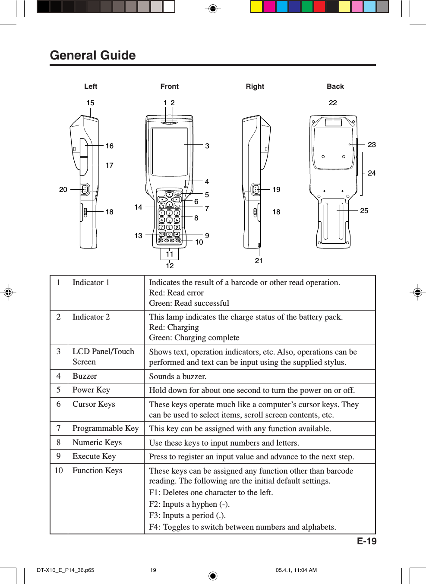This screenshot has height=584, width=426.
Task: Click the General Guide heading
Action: point(93,55)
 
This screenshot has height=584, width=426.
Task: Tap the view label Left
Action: point(91,86)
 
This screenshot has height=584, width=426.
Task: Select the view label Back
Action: point(335,86)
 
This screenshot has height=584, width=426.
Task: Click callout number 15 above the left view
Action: point(90,103)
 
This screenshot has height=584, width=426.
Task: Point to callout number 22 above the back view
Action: point(333,103)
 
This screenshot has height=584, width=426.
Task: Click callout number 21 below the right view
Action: point(259,261)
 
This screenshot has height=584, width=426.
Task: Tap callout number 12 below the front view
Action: point(170,266)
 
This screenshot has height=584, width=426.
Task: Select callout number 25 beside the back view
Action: point(364,210)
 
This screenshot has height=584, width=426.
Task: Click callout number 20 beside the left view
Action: point(63,189)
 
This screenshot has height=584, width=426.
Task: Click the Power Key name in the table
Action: point(91,390)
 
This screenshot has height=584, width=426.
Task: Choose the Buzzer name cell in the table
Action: point(85,376)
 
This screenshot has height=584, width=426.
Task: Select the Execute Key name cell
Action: point(94,456)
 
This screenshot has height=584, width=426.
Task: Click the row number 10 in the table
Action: point(59,471)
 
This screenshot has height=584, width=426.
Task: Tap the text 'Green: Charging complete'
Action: point(194,338)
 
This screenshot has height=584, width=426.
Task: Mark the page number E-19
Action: point(366,541)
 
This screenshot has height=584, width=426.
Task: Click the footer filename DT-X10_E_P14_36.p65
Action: point(65,570)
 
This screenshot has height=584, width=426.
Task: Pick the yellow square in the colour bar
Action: point(257,6)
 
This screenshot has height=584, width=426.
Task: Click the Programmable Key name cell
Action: point(105,428)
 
